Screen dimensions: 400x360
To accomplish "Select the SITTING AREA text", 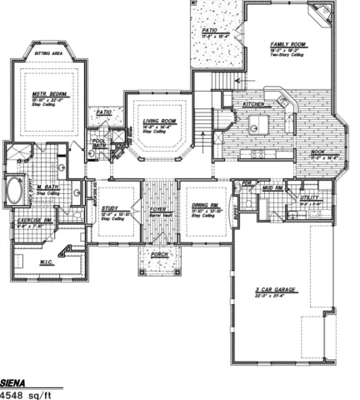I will click(x=48, y=52).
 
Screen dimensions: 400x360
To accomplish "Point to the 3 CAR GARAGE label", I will click(x=277, y=288).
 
